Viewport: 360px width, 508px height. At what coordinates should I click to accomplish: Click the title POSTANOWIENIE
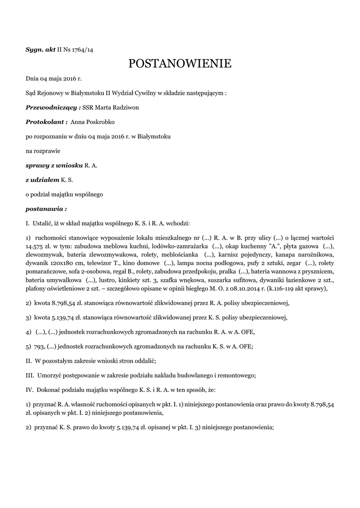(x=180, y=63)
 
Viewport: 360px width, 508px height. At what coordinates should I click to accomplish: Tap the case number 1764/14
(x=82, y=50)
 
